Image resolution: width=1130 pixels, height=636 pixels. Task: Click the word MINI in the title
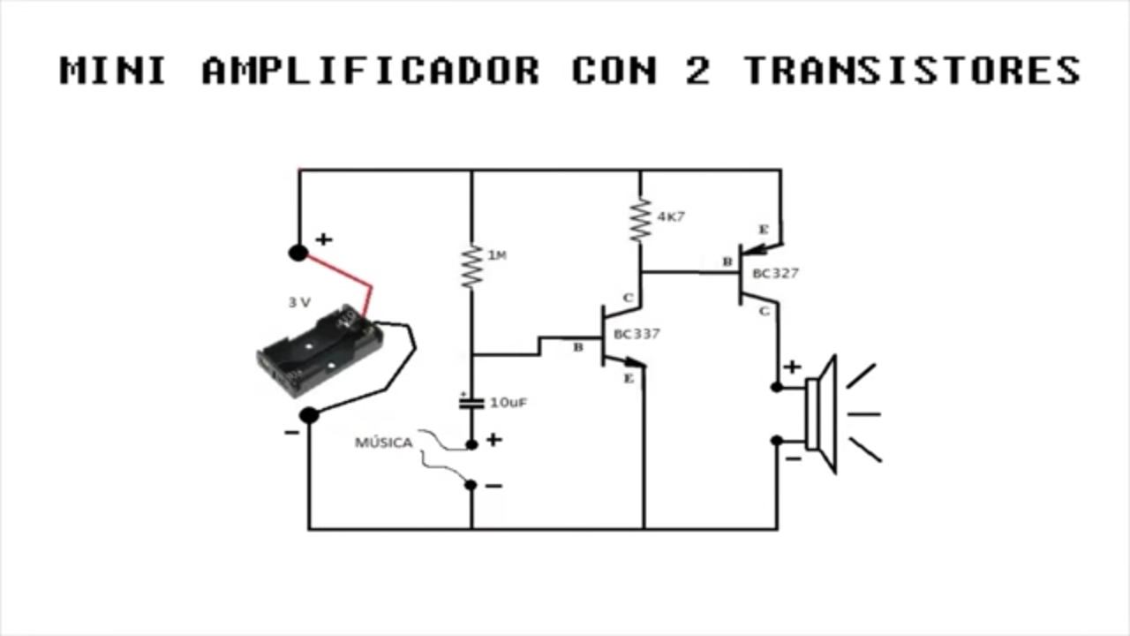pyautogui.click(x=113, y=71)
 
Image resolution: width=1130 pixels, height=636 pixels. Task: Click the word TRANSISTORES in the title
pyautogui.click(x=913, y=71)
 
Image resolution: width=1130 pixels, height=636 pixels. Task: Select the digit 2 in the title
pyautogui.click(x=698, y=71)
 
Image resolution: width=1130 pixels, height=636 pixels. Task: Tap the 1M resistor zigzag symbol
pyautogui.click(x=472, y=267)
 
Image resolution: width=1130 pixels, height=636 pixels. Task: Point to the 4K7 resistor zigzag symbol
pyautogui.click(x=641, y=220)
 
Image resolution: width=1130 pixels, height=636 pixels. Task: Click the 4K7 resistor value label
pyautogui.click(x=671, y=217)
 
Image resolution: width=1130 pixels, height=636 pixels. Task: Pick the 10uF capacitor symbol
pyautogui.click(x=471, y=403)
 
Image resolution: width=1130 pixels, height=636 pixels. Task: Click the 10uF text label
pyautogui.click(x=508, y=403)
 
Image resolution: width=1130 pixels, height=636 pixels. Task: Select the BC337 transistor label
pyautogui.click(x=637, y=334)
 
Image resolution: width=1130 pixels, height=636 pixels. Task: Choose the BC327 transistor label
pyautogui.click(x=776, y=274)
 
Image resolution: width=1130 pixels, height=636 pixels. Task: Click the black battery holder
pyautogui.click(x=320, y=351)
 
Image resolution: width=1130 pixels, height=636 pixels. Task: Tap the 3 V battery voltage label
pyautogui.click(x=299, y=303)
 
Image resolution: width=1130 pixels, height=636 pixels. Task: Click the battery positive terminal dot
pyautogui.click(x=298, y=253)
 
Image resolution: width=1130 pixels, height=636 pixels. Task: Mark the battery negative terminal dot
pyautogui.click(x=309, y=415)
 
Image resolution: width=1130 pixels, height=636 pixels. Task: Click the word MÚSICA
pyautogui.click(x=384, y=443)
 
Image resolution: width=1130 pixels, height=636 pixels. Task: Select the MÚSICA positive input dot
pyautogui.click(x=471, y=444)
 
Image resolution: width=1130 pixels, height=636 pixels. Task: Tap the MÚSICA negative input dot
pyautogui.click(x=471, y=485)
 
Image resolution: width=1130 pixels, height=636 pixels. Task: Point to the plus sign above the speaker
pyautogui.click(x=792, y=367)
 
